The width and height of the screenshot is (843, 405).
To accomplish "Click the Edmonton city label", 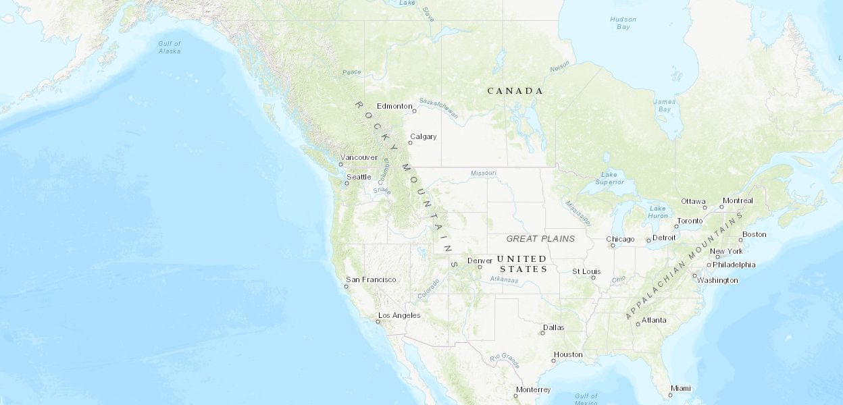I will point(394,106).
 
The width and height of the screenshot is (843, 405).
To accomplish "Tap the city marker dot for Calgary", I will point(410,142).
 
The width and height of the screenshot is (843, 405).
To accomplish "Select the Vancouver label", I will point(359,157).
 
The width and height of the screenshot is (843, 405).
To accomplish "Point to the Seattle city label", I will point(359,177).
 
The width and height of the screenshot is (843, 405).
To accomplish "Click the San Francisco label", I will point(371,279).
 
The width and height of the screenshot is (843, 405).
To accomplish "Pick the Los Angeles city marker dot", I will point(378,321).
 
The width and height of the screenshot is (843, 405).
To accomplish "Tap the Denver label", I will point(480,261).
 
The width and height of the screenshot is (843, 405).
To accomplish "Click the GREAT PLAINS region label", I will point(540,238).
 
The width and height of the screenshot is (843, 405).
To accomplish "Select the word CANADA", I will point(515,90).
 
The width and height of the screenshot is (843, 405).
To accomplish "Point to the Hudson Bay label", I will point(623,23).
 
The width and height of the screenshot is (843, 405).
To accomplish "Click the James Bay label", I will point(665,105).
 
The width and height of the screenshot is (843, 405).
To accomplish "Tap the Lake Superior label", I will point(609,178).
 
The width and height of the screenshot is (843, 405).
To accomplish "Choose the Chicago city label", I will point(620,239).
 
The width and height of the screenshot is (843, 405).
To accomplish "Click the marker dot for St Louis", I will point(593,277).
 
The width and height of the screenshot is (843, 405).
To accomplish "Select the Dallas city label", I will point(553,327).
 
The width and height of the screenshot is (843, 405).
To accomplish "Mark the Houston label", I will point(568,354).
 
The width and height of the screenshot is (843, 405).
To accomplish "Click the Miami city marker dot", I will point(670,395).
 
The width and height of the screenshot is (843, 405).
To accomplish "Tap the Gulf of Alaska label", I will point(170,47).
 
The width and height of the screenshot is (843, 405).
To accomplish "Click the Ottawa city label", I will point(693,201).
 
